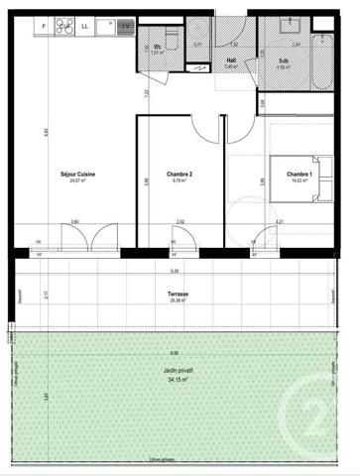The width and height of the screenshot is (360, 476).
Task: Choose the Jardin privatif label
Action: pyautogui.click(x=180, y=369)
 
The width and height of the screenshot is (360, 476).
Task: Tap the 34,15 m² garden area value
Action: pyautogui.click(x=180, y=377)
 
